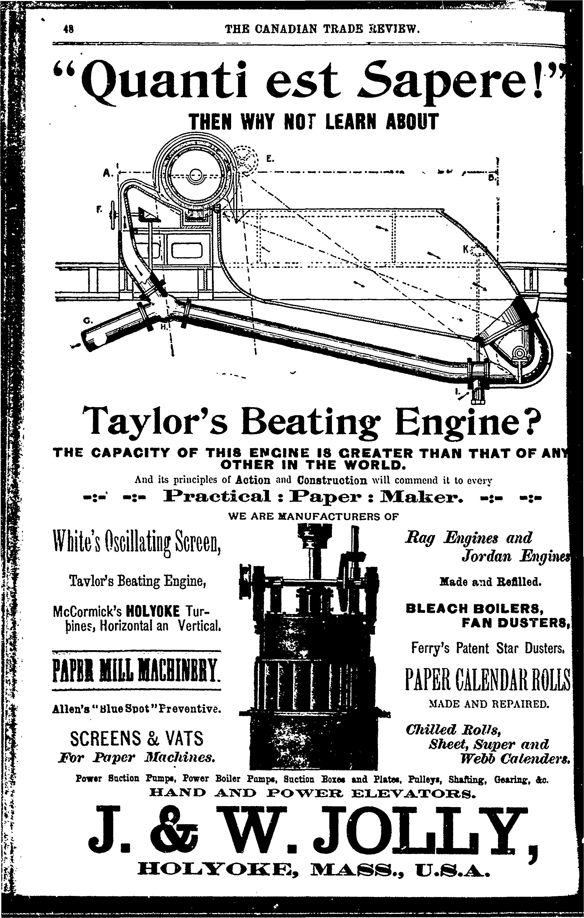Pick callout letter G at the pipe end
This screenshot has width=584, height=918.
point(87,321)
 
